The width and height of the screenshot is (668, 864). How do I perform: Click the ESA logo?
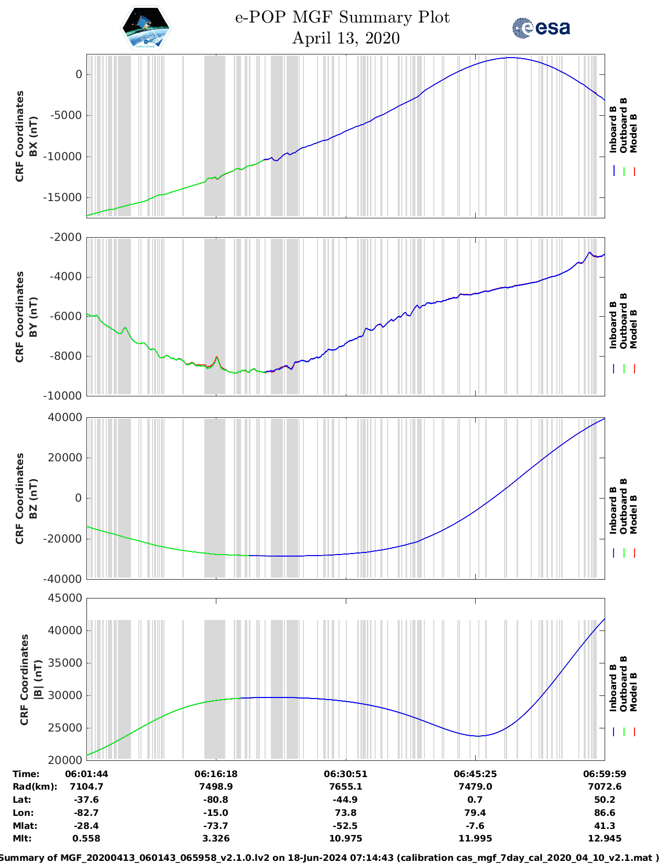[541, 28]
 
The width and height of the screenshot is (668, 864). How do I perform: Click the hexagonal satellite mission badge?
[146, 28]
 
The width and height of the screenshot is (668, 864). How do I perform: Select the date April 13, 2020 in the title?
[346, 38]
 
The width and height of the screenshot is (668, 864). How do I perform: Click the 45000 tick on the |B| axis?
[65, 598]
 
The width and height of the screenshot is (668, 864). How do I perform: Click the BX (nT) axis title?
[34, 136]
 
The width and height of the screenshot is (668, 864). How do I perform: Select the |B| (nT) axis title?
[38, 680]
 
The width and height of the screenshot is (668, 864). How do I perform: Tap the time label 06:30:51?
[345, 774]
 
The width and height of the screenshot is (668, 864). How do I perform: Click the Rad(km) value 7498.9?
[216, 787]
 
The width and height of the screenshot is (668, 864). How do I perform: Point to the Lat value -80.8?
[216, 800]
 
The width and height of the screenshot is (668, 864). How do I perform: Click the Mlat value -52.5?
[345, 826]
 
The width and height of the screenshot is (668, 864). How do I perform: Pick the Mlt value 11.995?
[475, 838]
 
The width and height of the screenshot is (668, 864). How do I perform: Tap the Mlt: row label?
[22, 838]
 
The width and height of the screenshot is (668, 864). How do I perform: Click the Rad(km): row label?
[35, 787]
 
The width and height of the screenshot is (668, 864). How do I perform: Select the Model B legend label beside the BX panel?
[633, 133]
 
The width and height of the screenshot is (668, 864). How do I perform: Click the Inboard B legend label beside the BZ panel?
[613, 511]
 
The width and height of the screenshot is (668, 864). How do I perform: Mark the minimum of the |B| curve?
[478, 736]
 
